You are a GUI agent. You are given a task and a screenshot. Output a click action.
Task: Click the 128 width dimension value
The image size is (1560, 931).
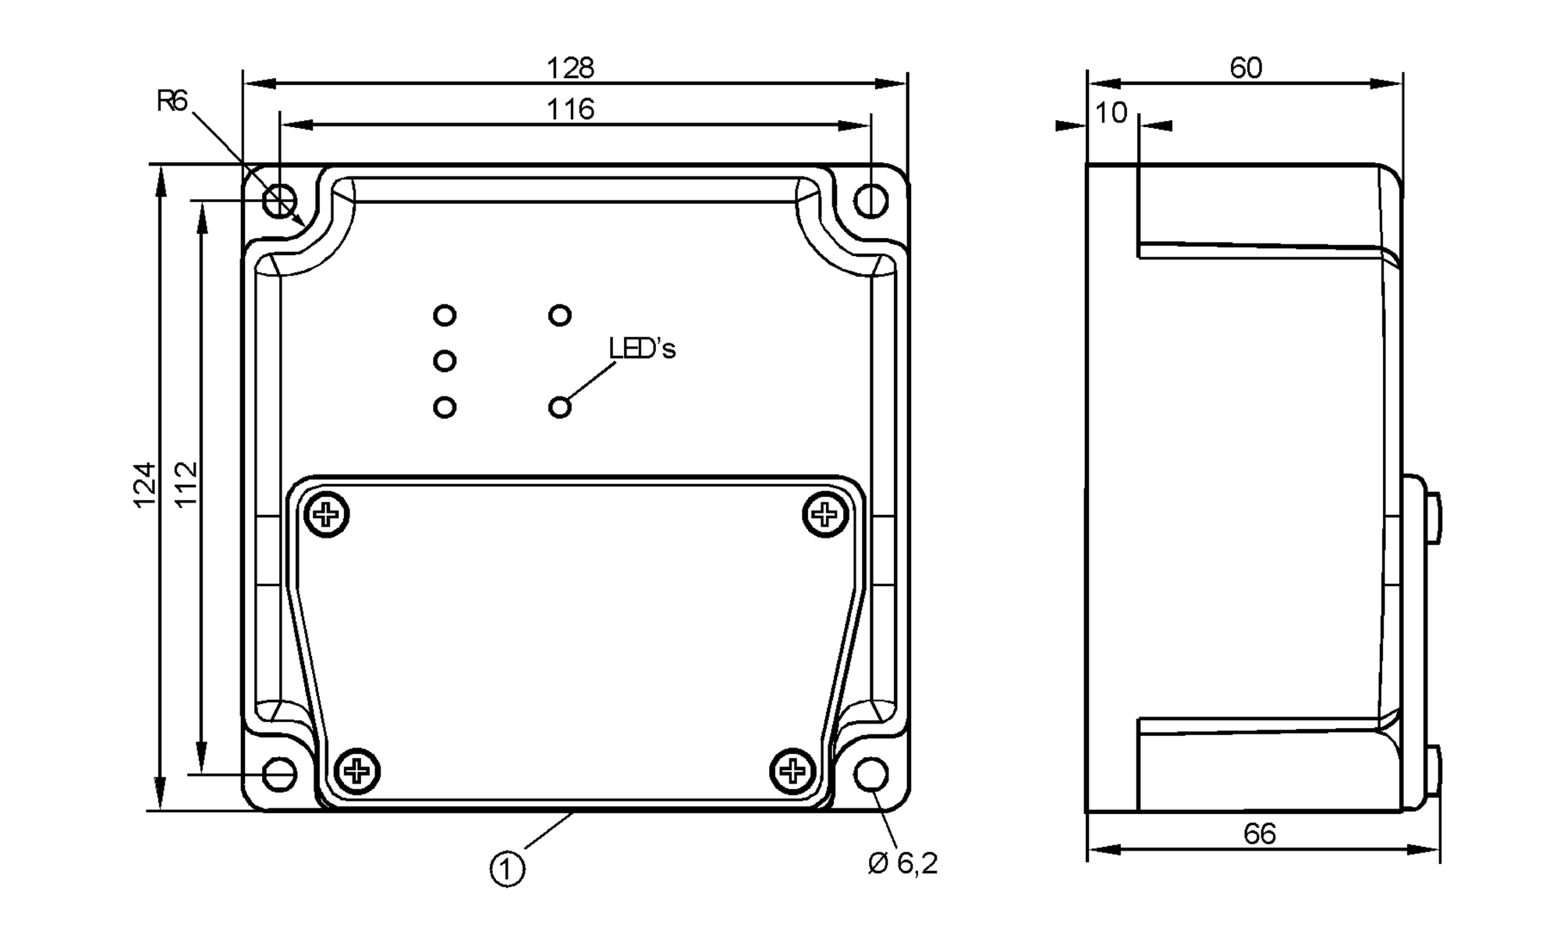[x=570, y=69]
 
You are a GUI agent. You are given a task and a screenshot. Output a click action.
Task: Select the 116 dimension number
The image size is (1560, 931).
[x=570, y=110]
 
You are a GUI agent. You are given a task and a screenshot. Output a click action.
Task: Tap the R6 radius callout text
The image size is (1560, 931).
[x=172, y=101]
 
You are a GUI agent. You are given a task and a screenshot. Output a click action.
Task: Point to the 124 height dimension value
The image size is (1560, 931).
[x=145, y=485]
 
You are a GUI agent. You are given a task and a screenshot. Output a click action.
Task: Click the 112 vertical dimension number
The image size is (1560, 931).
[x=186, y=485]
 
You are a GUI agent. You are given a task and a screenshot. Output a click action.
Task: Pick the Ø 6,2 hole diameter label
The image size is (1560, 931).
[x=902, y=863]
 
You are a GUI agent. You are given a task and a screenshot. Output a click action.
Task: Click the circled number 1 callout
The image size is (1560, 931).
[x=507, y=869]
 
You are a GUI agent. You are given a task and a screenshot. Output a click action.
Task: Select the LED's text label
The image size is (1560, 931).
[x=642, y=349]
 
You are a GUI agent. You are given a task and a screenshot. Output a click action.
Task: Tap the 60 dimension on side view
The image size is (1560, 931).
[x=1246, y=69]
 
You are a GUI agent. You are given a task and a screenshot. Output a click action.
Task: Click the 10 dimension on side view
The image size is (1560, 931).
[x=1111, y=114]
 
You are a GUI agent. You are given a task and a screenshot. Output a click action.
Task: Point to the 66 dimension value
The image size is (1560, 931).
[x=1259, y=834]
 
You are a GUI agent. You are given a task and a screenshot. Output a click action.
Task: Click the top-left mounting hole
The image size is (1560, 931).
[x=279, y=201]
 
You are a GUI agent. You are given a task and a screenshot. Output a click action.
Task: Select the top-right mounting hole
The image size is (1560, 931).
[x=870, y=201]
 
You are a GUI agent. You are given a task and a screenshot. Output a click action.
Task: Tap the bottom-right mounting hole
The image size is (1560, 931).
[x=870, y=774]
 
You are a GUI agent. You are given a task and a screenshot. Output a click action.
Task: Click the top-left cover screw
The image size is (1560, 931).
[x=326, y=514]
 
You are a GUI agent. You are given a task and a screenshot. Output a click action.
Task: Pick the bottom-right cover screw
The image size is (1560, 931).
[x=792, y=771]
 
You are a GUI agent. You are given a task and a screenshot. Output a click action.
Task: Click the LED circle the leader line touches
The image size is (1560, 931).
[x=560, y=407]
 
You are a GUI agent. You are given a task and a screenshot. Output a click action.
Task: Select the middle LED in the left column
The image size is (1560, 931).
[x=445, y=361]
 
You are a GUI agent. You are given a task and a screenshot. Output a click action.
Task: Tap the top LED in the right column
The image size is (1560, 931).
[x=560, y=315]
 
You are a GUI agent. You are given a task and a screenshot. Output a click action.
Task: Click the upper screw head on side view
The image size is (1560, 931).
[x=1434, y=517]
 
